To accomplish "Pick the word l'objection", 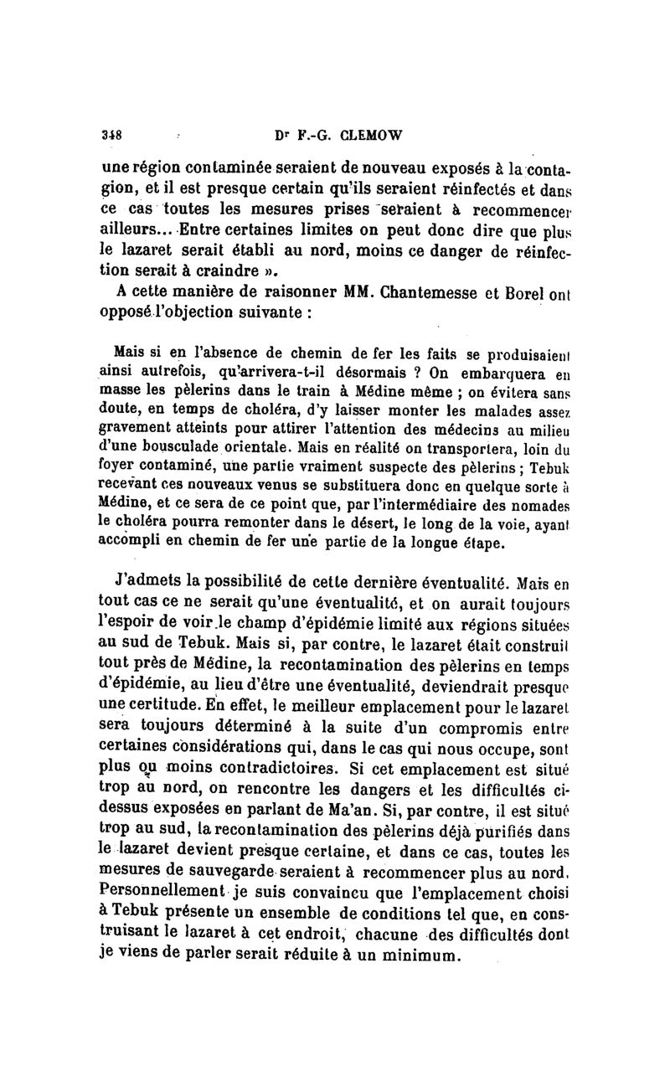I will pyautogui.click(x=200, y=313).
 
